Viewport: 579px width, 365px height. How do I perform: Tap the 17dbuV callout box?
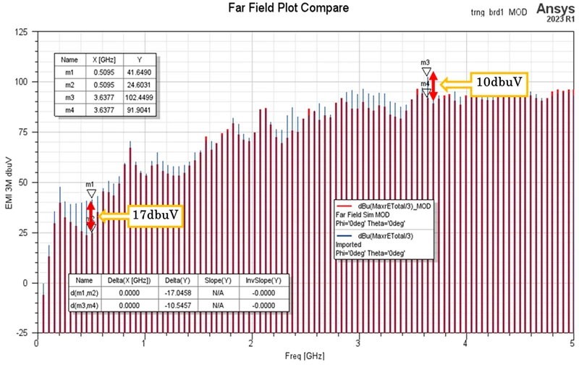point(156,216)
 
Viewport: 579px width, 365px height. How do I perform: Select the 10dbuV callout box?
point(499,83)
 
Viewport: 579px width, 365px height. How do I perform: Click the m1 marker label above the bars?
point(90,185)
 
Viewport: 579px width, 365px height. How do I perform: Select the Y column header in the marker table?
point(138,60)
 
